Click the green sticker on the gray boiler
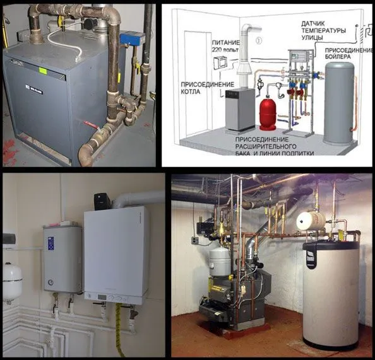pos(43,71)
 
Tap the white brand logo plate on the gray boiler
pos(34,89)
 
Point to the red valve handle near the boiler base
pos(91,124)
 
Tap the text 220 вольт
pos(225,50)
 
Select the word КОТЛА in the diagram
pos(191,91)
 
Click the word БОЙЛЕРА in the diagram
pos(338,57)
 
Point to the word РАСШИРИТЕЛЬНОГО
pos(266,146)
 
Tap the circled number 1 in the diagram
pos(259,40)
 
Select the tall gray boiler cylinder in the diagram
pos(340,103)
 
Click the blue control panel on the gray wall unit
pos(51,243)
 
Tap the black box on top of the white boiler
pos(102,201)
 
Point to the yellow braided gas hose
pos(119,330)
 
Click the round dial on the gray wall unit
pos(51,282)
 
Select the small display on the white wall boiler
pos(102,297)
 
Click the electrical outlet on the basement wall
pos(195,240)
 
